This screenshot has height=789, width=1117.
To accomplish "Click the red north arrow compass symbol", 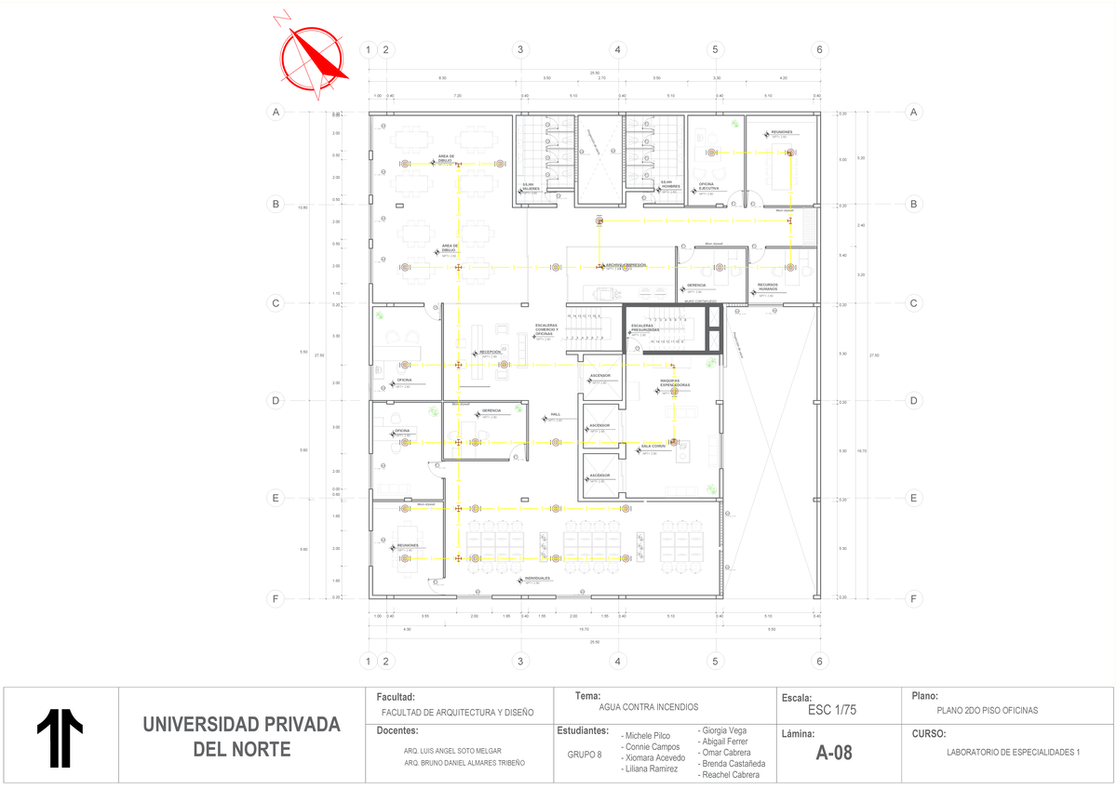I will pos(314,56).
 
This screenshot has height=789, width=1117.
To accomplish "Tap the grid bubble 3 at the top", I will pos(520,49).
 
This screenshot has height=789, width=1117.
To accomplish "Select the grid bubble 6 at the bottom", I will pos(819,662).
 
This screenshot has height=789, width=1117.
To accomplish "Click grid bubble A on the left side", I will pos(276,112).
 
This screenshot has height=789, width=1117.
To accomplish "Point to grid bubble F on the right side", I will pos(913,598).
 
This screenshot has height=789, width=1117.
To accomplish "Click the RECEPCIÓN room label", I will pos(491,353).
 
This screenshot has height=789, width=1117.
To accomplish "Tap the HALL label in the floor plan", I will pos(555,415).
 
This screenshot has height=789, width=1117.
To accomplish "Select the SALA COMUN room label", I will pos(653,446).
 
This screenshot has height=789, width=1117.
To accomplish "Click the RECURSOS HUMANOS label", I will pos(767,287).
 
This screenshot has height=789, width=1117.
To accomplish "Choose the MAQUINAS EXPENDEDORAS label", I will pos(675,382).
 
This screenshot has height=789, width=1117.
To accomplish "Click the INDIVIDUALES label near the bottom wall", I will pos(538,578).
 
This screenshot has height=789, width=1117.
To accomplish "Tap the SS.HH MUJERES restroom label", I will pos(530,186).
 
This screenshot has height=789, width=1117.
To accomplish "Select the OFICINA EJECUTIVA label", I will pos(712,186).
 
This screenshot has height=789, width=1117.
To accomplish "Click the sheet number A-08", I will pos(833,753).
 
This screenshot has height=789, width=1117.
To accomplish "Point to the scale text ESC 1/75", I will pos(832,710).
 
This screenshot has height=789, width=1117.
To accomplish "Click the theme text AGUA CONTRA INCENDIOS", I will pos(649,707).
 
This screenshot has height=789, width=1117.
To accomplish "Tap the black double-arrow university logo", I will pos(60,740).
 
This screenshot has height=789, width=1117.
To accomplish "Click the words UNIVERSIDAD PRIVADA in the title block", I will pos(241,725).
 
